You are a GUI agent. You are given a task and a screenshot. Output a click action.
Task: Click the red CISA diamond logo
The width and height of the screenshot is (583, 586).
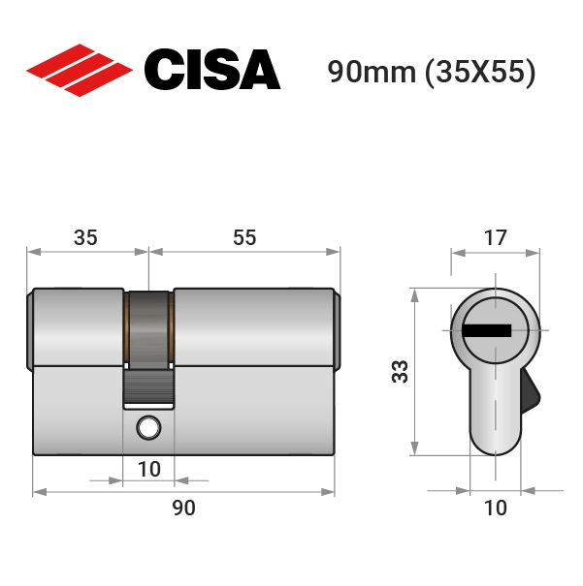[x=80, y=71]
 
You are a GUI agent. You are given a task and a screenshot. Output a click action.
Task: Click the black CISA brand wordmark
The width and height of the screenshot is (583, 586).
[x=212, y=70]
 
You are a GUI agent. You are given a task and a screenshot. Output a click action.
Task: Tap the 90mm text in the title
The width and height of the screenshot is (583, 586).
[x=372, y=72]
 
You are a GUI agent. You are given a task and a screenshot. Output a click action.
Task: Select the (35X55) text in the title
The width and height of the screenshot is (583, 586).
[x=480, y=72]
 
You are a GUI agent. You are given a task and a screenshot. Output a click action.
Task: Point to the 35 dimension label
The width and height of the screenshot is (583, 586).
[x=85, y=237]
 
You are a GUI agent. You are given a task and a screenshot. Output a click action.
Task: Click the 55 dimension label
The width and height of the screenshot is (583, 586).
[x=244, y=237]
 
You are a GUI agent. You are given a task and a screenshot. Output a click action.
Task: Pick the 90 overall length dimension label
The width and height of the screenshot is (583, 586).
[x=183, y=508]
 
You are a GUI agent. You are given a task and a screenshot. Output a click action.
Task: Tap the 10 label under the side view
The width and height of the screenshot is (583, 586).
[x=149, y=469]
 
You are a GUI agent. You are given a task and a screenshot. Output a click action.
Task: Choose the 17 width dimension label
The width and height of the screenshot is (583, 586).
[x=496, y=237]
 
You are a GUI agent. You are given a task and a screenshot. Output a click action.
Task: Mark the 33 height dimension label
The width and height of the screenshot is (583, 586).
[x=400, y=372]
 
